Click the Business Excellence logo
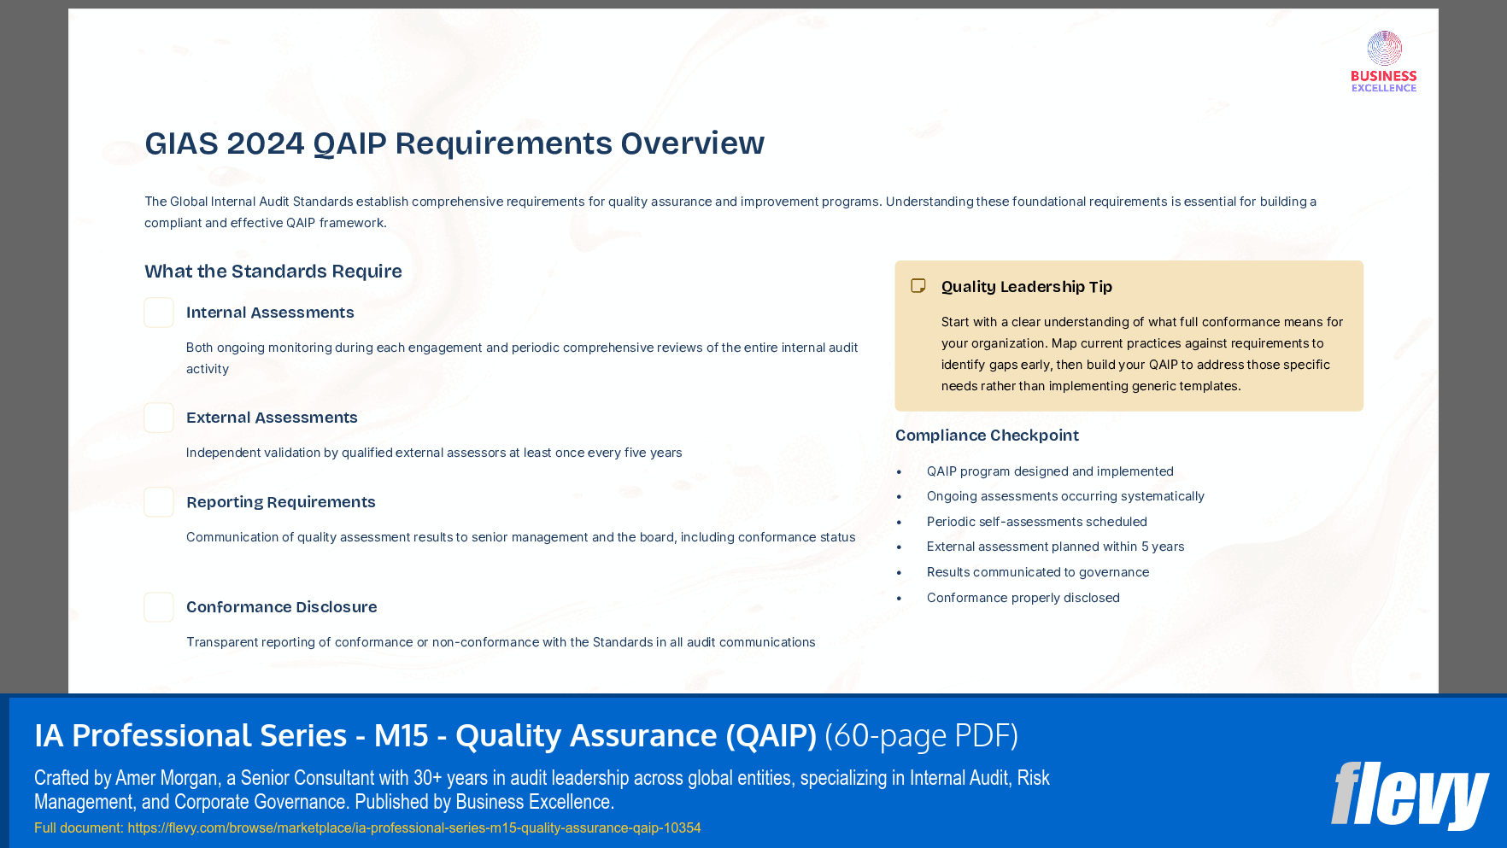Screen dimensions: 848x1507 [x=1383, y=61]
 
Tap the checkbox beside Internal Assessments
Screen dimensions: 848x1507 [x=159, y=313]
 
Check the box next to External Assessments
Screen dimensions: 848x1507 [x=159, y=418]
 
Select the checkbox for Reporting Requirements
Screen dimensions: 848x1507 [x=159, y=502]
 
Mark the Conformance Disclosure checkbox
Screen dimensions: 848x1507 [x=159, y=607]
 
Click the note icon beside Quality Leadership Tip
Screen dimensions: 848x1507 [x=918, y=286]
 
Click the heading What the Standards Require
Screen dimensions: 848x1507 [x=273, y=272]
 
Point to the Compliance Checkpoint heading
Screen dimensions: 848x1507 [x=987, y=436]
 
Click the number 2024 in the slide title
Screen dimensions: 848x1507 [x=265, y=143]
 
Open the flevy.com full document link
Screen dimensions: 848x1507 [x=413, y=828]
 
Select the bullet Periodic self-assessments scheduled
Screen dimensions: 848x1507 [x=1036, y=522]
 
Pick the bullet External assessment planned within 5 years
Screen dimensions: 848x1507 [x=1055, y=547]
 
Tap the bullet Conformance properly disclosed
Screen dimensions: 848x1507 [x=1023, y=598]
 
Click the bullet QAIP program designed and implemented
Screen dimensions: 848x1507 [x=1050, y=471]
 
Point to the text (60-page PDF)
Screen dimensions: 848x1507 [x=921, y=735]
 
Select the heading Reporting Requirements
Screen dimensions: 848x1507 [x=280, y=502]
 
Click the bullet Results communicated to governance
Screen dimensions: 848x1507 [x=1037, y=572]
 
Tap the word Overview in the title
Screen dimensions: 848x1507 [x=692, y=143]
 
